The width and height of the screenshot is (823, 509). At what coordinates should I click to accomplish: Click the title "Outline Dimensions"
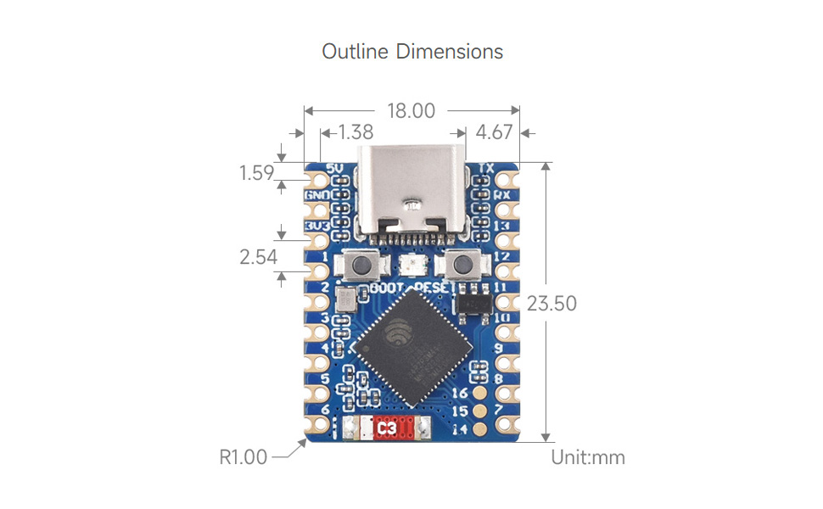coord(412,52)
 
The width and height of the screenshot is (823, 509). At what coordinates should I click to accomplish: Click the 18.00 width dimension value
coord(411,110)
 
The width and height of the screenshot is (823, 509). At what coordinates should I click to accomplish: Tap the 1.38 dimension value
coord(355,132)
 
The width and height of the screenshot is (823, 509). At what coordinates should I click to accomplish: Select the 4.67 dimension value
coord(494,132)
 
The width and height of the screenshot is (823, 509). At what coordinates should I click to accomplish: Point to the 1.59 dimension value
coord(256,173)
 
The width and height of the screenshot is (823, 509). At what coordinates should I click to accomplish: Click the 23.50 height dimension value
coord(551,303)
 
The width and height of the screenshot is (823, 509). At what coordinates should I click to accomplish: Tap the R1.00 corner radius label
coord(244,457)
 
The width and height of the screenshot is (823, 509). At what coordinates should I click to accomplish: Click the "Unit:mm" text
coord(588,457)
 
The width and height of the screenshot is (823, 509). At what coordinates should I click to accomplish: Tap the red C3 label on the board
coord(387,429)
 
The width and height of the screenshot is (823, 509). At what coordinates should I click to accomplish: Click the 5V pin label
coord(333,168)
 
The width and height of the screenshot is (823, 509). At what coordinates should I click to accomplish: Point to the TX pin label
coord(486,168)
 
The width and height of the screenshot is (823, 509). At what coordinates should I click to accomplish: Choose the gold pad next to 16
coord(480,394)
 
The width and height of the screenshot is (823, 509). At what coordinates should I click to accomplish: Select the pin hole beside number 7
coord(508,410)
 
